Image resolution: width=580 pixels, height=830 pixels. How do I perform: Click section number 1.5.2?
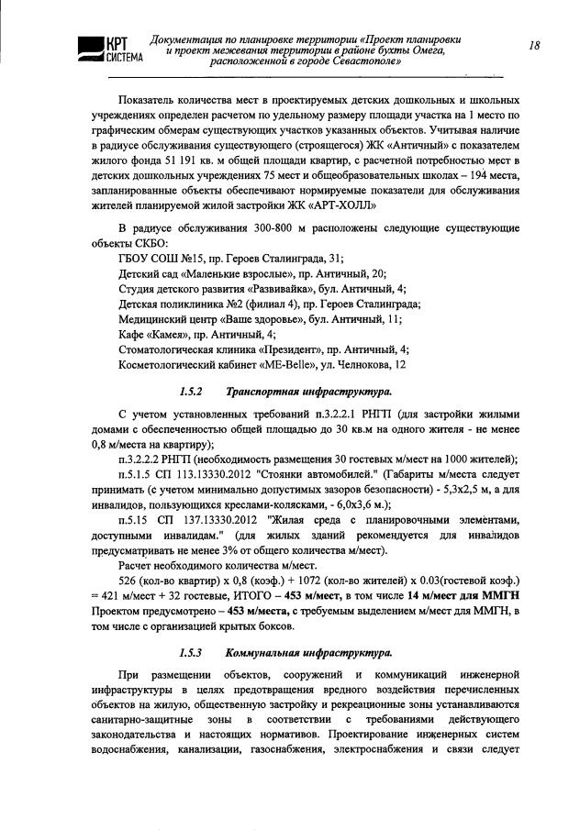pyautogui.click(x=190, y=392)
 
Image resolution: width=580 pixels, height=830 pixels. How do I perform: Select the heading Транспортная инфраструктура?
pyautogui.click(x=296, y=392)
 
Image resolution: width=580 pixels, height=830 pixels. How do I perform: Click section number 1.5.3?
pyautogui.click(x=190, y=653)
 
